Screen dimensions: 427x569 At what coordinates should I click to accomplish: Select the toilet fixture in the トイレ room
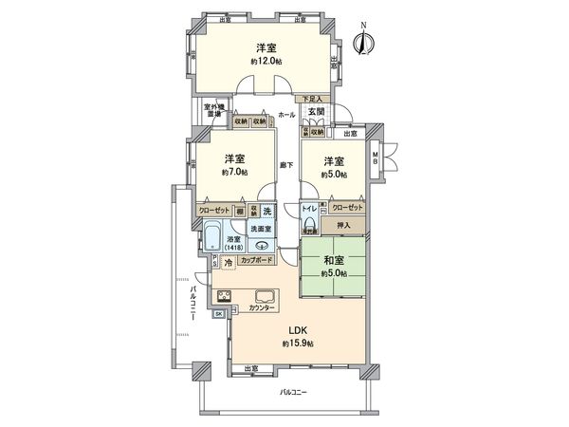click(309, 223)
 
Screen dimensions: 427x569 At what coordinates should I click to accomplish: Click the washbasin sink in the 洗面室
click(262, 246)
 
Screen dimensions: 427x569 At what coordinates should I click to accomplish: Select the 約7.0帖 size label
click(235, 173)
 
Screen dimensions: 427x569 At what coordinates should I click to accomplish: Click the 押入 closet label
click(343, 226)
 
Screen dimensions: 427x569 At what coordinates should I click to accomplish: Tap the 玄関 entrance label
click(316, 112)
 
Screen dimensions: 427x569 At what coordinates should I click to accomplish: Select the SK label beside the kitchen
click(218, 313)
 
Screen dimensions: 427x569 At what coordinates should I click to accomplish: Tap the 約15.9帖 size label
click(296, 343)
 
